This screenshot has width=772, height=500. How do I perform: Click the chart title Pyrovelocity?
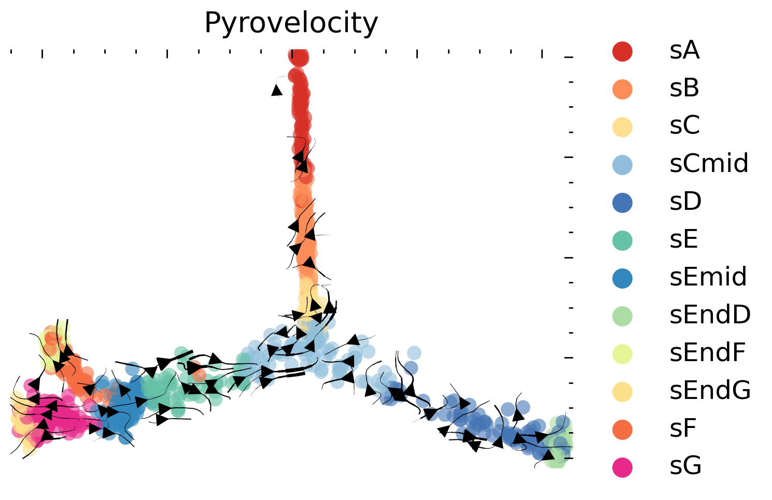click(x=291, y=23)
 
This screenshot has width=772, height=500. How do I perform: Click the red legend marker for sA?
click(x=622, y=51)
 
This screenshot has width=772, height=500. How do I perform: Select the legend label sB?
click(x=684, y=89)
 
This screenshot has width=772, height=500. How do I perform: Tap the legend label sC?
click(x=684, y=126)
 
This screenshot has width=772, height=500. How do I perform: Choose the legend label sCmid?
click(x=709, y=164)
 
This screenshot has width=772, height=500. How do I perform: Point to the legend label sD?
click(x=685, y=202)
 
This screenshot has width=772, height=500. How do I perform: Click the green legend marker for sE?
click(x=622, y=240)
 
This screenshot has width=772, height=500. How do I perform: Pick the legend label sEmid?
click(x=708, y=277)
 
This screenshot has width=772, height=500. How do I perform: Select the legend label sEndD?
click(x=710, y=315)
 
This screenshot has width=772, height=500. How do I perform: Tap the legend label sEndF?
click(x=707, y=353)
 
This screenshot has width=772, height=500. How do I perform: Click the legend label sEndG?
click(x=710, y=391)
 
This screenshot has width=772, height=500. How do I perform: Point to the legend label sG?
click(x=685, y=466)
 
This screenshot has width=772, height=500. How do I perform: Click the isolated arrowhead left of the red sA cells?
click(x=277, y=91)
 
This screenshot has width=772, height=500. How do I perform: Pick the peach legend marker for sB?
click(x=622, y=89)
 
